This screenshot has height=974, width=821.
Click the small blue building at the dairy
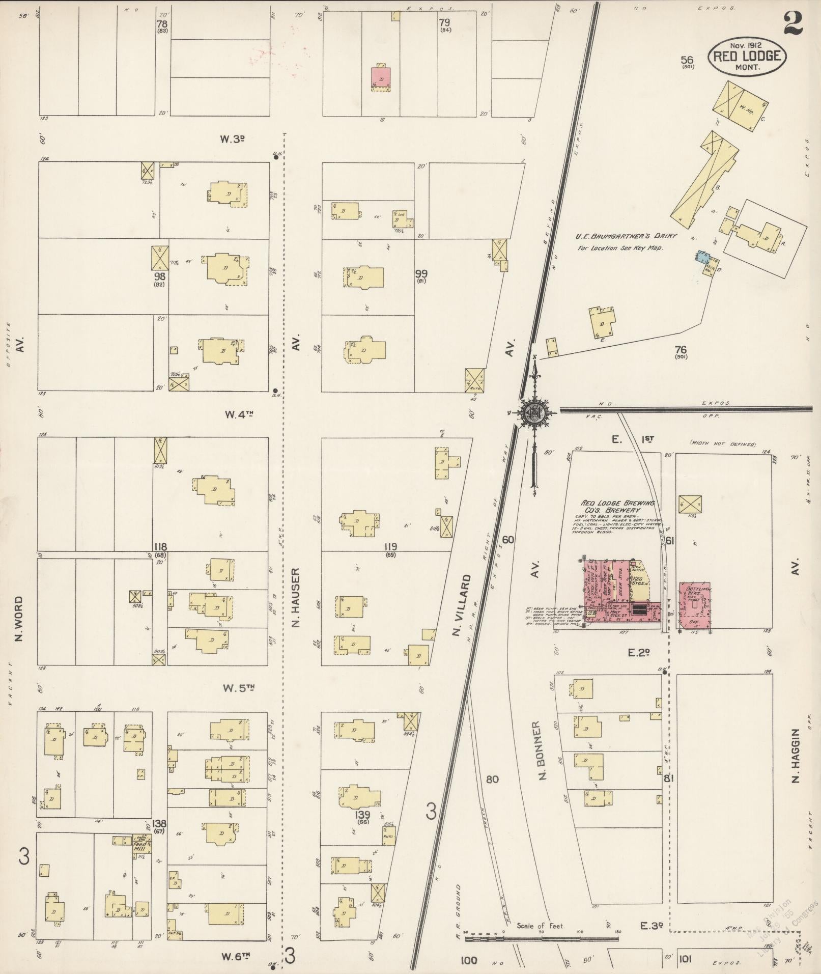coord(703,257)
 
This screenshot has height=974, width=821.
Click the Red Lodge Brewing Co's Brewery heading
coord(611,507)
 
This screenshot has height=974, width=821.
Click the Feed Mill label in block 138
coord(140,848)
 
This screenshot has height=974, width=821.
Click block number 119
coord(391,547)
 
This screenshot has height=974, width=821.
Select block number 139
coord(363,815)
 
